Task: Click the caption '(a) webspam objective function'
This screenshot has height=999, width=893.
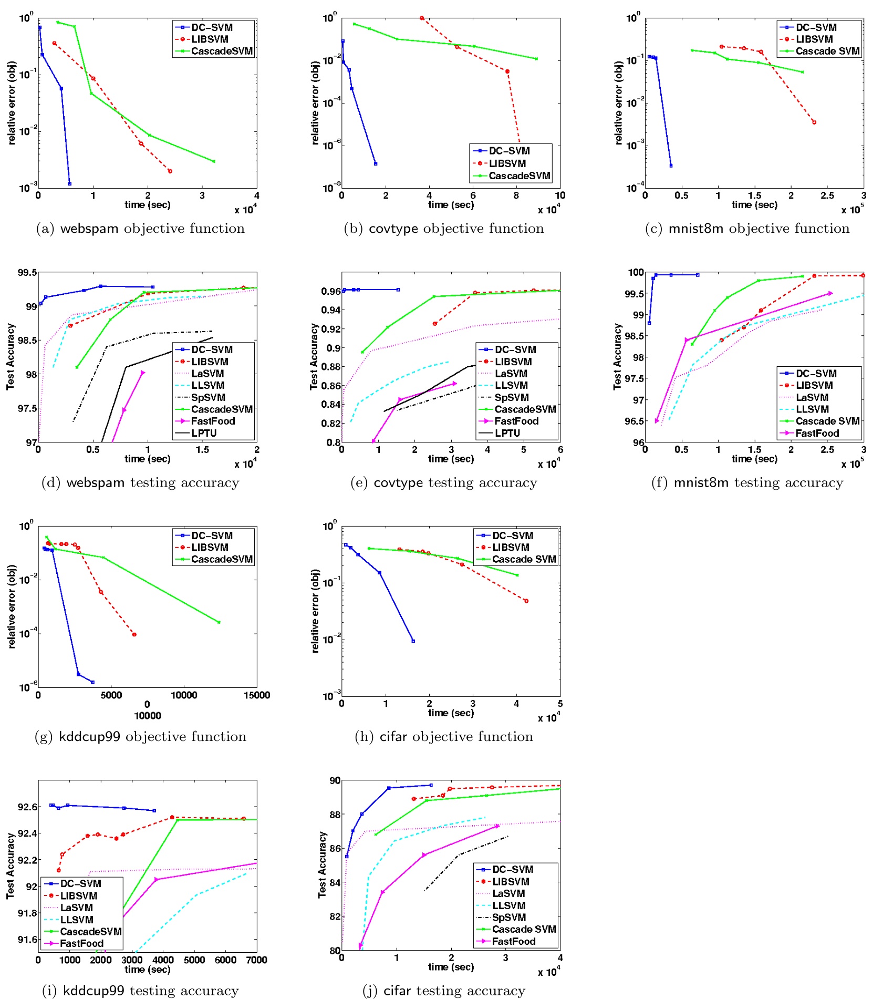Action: pos(140,228)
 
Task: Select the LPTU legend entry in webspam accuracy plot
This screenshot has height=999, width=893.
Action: pos(204,433)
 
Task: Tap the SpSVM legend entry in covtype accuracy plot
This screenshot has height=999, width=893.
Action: pos(511,397)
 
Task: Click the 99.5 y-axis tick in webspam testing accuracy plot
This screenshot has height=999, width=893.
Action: pos(27,272)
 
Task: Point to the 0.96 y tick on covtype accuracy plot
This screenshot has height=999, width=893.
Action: pos(331,291)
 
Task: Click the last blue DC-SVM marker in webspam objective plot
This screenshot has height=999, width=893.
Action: pos(69,183)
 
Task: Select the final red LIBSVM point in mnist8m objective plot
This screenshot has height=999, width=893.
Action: pos(814,122)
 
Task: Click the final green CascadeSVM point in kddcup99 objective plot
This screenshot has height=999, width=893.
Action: pos(219,622)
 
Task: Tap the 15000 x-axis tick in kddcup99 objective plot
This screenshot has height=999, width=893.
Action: pos(256,695)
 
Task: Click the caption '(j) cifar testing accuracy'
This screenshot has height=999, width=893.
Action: pos(444,991)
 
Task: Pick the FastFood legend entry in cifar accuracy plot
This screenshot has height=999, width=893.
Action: pos(513,941)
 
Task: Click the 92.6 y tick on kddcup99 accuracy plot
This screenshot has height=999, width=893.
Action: pos(27,807)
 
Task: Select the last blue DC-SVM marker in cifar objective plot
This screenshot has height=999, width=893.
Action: pos(413,641)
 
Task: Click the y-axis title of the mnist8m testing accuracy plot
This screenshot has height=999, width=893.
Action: pos(617,356)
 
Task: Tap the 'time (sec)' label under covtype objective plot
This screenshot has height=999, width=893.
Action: pos(451,204)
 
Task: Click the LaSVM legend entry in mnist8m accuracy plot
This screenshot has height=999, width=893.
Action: pos(812,397)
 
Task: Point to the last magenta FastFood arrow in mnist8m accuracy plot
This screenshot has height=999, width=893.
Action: pos(830,293)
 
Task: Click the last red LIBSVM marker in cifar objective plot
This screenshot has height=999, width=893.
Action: pos(526,601)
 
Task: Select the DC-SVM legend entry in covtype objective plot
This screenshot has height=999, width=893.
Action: pos(509,151)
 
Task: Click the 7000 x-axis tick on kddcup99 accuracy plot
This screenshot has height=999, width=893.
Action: pos(256,960)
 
